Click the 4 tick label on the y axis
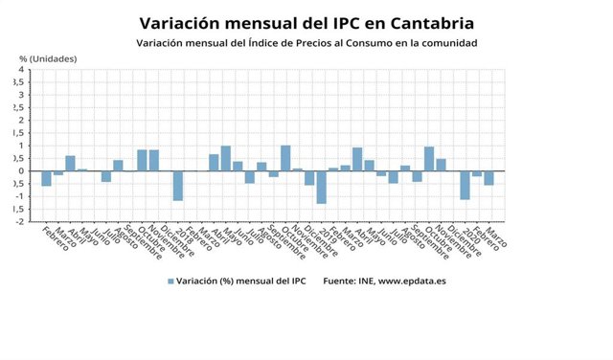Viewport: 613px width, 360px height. (x=21, y=70)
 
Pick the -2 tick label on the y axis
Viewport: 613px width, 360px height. (x=19, y=222)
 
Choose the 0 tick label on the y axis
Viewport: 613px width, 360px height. (x=21, y=171)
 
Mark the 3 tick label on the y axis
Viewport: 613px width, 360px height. (x=21, y=95)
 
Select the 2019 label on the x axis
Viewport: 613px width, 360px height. (x=325, y=233)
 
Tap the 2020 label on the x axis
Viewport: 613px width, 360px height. (x=467, y=233)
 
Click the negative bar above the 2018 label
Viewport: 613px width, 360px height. (x=178, y=186)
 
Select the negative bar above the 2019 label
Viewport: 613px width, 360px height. (x=322, y=188)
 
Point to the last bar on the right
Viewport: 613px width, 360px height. (x=489, y=178)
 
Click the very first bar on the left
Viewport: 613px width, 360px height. (x=46, y=178)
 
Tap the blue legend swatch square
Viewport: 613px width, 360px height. (x=170, y=281)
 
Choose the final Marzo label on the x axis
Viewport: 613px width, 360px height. (x=497, y=236)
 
